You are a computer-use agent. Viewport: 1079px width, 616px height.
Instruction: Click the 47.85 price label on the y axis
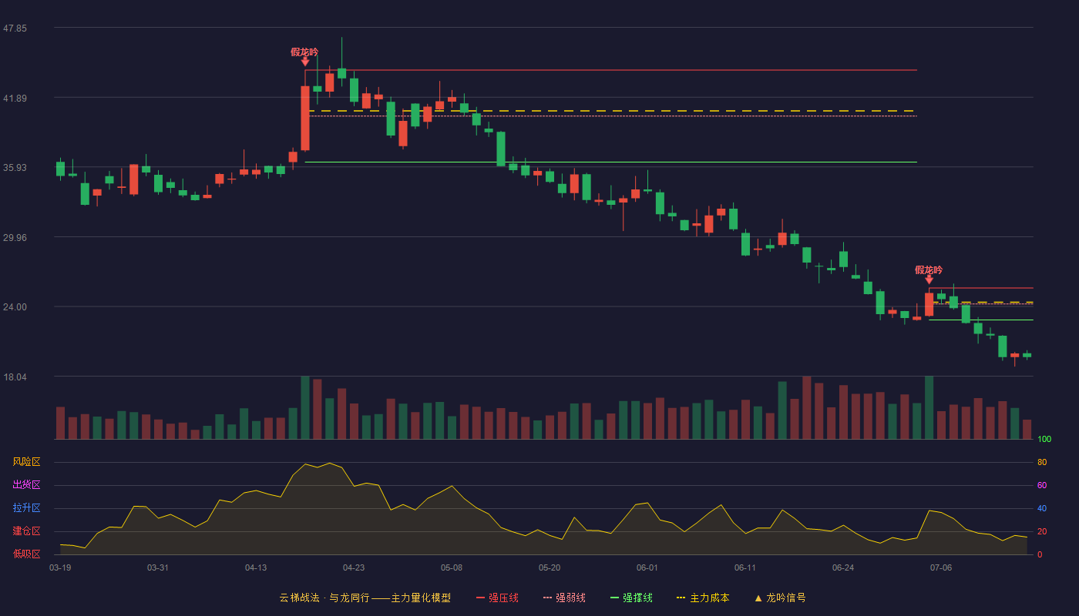click(15, 28)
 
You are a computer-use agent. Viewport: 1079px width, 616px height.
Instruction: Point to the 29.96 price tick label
click(15, 238)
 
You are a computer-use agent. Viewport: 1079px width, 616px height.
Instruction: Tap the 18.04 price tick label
click(15, 377)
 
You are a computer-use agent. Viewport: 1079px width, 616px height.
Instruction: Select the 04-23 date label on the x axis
click(354, 568)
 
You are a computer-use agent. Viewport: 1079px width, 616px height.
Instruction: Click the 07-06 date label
click(941, 568)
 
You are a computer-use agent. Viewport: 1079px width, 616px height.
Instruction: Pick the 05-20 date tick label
click(549, 568)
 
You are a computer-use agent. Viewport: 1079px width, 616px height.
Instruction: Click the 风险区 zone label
click(26, 462)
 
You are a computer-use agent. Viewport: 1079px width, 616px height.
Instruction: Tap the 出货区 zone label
click(26, 484)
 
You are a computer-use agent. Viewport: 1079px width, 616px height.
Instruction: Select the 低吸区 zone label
click(26, 554)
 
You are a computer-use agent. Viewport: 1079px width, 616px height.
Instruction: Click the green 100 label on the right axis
click(1044, 439)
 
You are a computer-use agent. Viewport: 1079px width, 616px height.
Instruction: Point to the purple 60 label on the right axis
click(1042, 485)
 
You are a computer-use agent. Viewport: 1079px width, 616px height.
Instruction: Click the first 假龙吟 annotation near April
click(304, 52)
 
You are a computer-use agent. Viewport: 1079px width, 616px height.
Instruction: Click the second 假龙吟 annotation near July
click(929, 270)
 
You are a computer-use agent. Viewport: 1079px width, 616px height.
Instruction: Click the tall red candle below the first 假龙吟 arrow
click(305, 119)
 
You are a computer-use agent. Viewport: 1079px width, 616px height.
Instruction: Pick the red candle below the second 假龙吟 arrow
click(929, 304)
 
